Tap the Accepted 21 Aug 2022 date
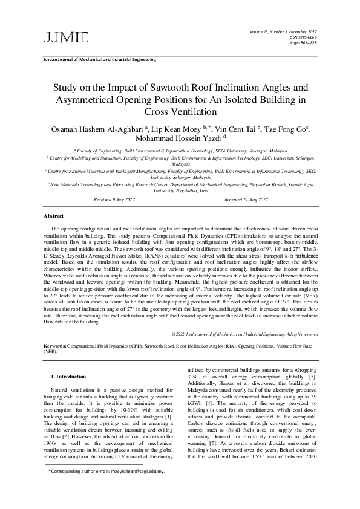[246, 199]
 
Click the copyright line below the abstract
[244, 333]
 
